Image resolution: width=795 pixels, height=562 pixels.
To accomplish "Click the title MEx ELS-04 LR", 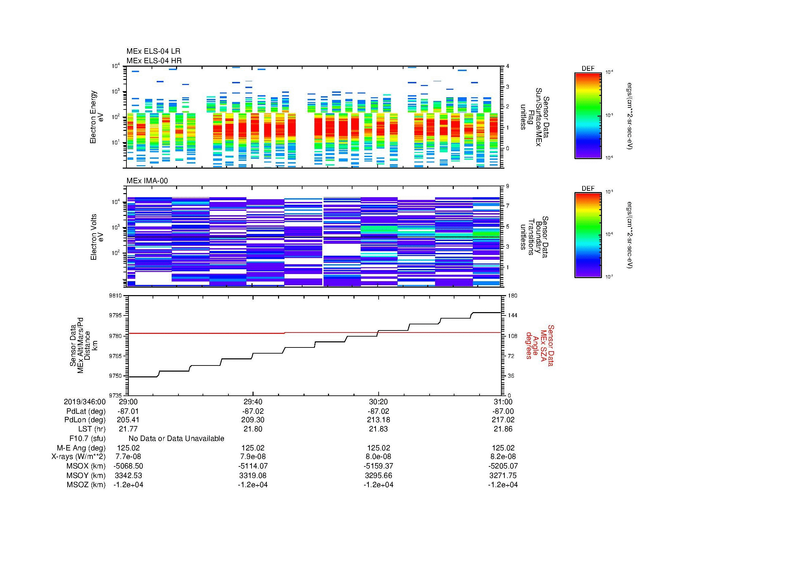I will coord(153,51).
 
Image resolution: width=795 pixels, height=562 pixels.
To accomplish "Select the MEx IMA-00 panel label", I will coord(147,181).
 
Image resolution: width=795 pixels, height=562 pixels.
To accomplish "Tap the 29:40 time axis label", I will coord(253,402).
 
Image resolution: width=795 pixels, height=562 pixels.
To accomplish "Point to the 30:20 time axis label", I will coord(378,402).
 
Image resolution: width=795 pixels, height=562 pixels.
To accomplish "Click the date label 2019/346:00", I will coord(85,402).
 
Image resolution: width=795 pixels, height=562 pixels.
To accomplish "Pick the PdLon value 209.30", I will coord(253,420).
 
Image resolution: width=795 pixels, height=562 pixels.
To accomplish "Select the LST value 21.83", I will coord(378,429).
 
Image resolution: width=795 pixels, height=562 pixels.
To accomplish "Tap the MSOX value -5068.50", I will coord(128,466).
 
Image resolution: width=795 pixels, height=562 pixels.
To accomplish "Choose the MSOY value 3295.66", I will coord(378,475).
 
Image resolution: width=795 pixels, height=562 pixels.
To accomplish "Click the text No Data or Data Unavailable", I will coord(176,438).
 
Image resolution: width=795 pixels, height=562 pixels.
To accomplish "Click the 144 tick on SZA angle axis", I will coord(512,316).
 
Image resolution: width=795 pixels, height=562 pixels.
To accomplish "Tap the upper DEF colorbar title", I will coord(588,69).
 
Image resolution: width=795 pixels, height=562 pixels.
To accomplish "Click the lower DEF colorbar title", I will coord(588,189).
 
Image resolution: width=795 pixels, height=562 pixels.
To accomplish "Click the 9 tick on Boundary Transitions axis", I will coord(507,186).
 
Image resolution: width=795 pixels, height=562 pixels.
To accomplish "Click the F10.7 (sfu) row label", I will coord(87,438).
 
